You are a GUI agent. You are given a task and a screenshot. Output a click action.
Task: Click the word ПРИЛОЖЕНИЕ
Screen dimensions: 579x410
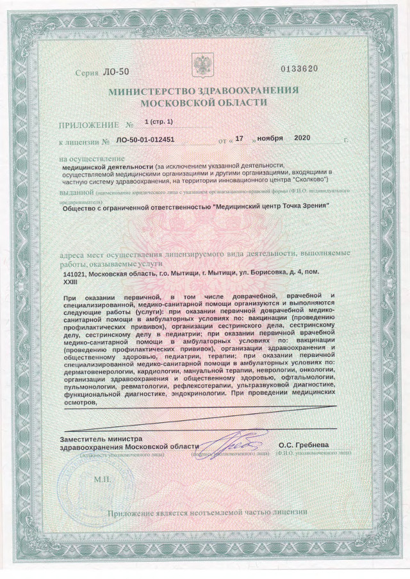[x=88, y=124]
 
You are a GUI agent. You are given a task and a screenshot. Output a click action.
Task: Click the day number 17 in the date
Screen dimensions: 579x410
[x=240, y=138]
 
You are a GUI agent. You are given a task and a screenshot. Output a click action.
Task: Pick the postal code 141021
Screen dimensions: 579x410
[x=66, y=274]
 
